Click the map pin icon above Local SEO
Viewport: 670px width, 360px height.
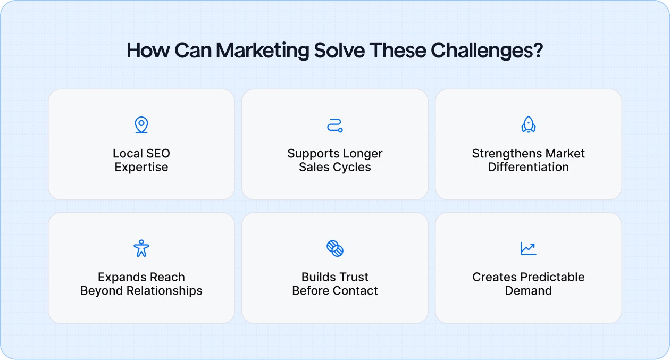(141, 125)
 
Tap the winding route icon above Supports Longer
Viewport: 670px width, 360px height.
(334, 125)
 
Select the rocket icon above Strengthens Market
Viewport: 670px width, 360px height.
(528, 125)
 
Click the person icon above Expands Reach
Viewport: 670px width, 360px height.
(141, 248)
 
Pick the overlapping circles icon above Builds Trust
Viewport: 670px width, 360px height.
(334, 248)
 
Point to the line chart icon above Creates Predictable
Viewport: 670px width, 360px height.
(528, 248)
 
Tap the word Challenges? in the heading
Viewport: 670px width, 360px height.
(487, 51)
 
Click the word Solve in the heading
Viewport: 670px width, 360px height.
(339, 51)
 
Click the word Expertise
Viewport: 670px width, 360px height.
(141, 167)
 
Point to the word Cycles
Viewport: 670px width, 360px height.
(353, 167)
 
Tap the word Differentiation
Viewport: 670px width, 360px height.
(529, 167)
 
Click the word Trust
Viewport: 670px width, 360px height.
(353, 277)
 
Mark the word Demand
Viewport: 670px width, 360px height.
(529, 291)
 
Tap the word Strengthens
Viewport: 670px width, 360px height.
(502, 154)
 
